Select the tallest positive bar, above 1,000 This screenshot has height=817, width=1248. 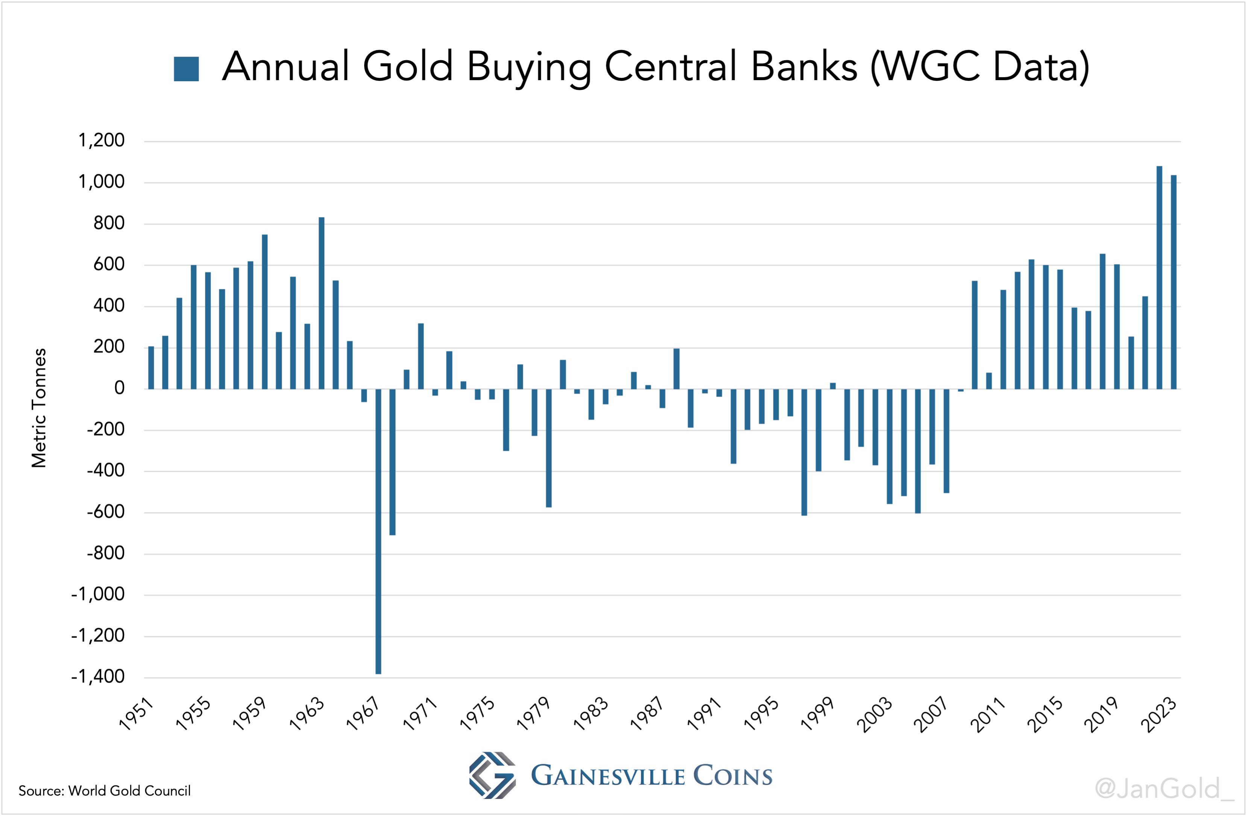[x=1159, y=278]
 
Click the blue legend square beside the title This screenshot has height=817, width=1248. [x=186, y=69]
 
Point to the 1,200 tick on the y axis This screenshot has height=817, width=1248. [x=101, y=141]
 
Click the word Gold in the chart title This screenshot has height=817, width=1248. [x=407, y=67]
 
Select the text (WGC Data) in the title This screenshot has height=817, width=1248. [x=979, y=67]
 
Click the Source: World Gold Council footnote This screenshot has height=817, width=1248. [x=104, y=791]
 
